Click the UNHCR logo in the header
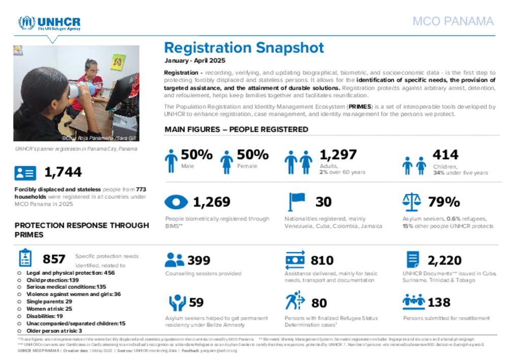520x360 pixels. coord(49,23)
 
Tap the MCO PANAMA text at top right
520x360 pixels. coord(452,21)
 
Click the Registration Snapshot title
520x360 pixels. coord(244,48)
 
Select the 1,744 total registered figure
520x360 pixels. coord(63,172)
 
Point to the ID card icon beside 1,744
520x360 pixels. coord(25,173)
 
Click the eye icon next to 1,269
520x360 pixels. coord(176,202)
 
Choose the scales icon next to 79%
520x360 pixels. coord(411,202)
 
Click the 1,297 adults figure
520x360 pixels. coord(338,154)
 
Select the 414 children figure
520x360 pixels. coord(445,154)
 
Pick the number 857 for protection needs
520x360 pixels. coord(54,259)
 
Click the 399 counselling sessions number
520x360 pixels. coord(199,260)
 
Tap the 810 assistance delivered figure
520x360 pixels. coord(322,260)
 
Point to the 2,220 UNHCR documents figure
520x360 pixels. coord(445,260)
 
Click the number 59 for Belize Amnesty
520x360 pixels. coord(196,303)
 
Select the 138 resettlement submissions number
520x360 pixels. coord(439,303)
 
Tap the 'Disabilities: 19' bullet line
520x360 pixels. coord(45,316)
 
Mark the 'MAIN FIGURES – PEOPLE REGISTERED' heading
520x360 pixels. coord(236,129)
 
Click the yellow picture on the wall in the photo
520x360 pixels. coord(118,62)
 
